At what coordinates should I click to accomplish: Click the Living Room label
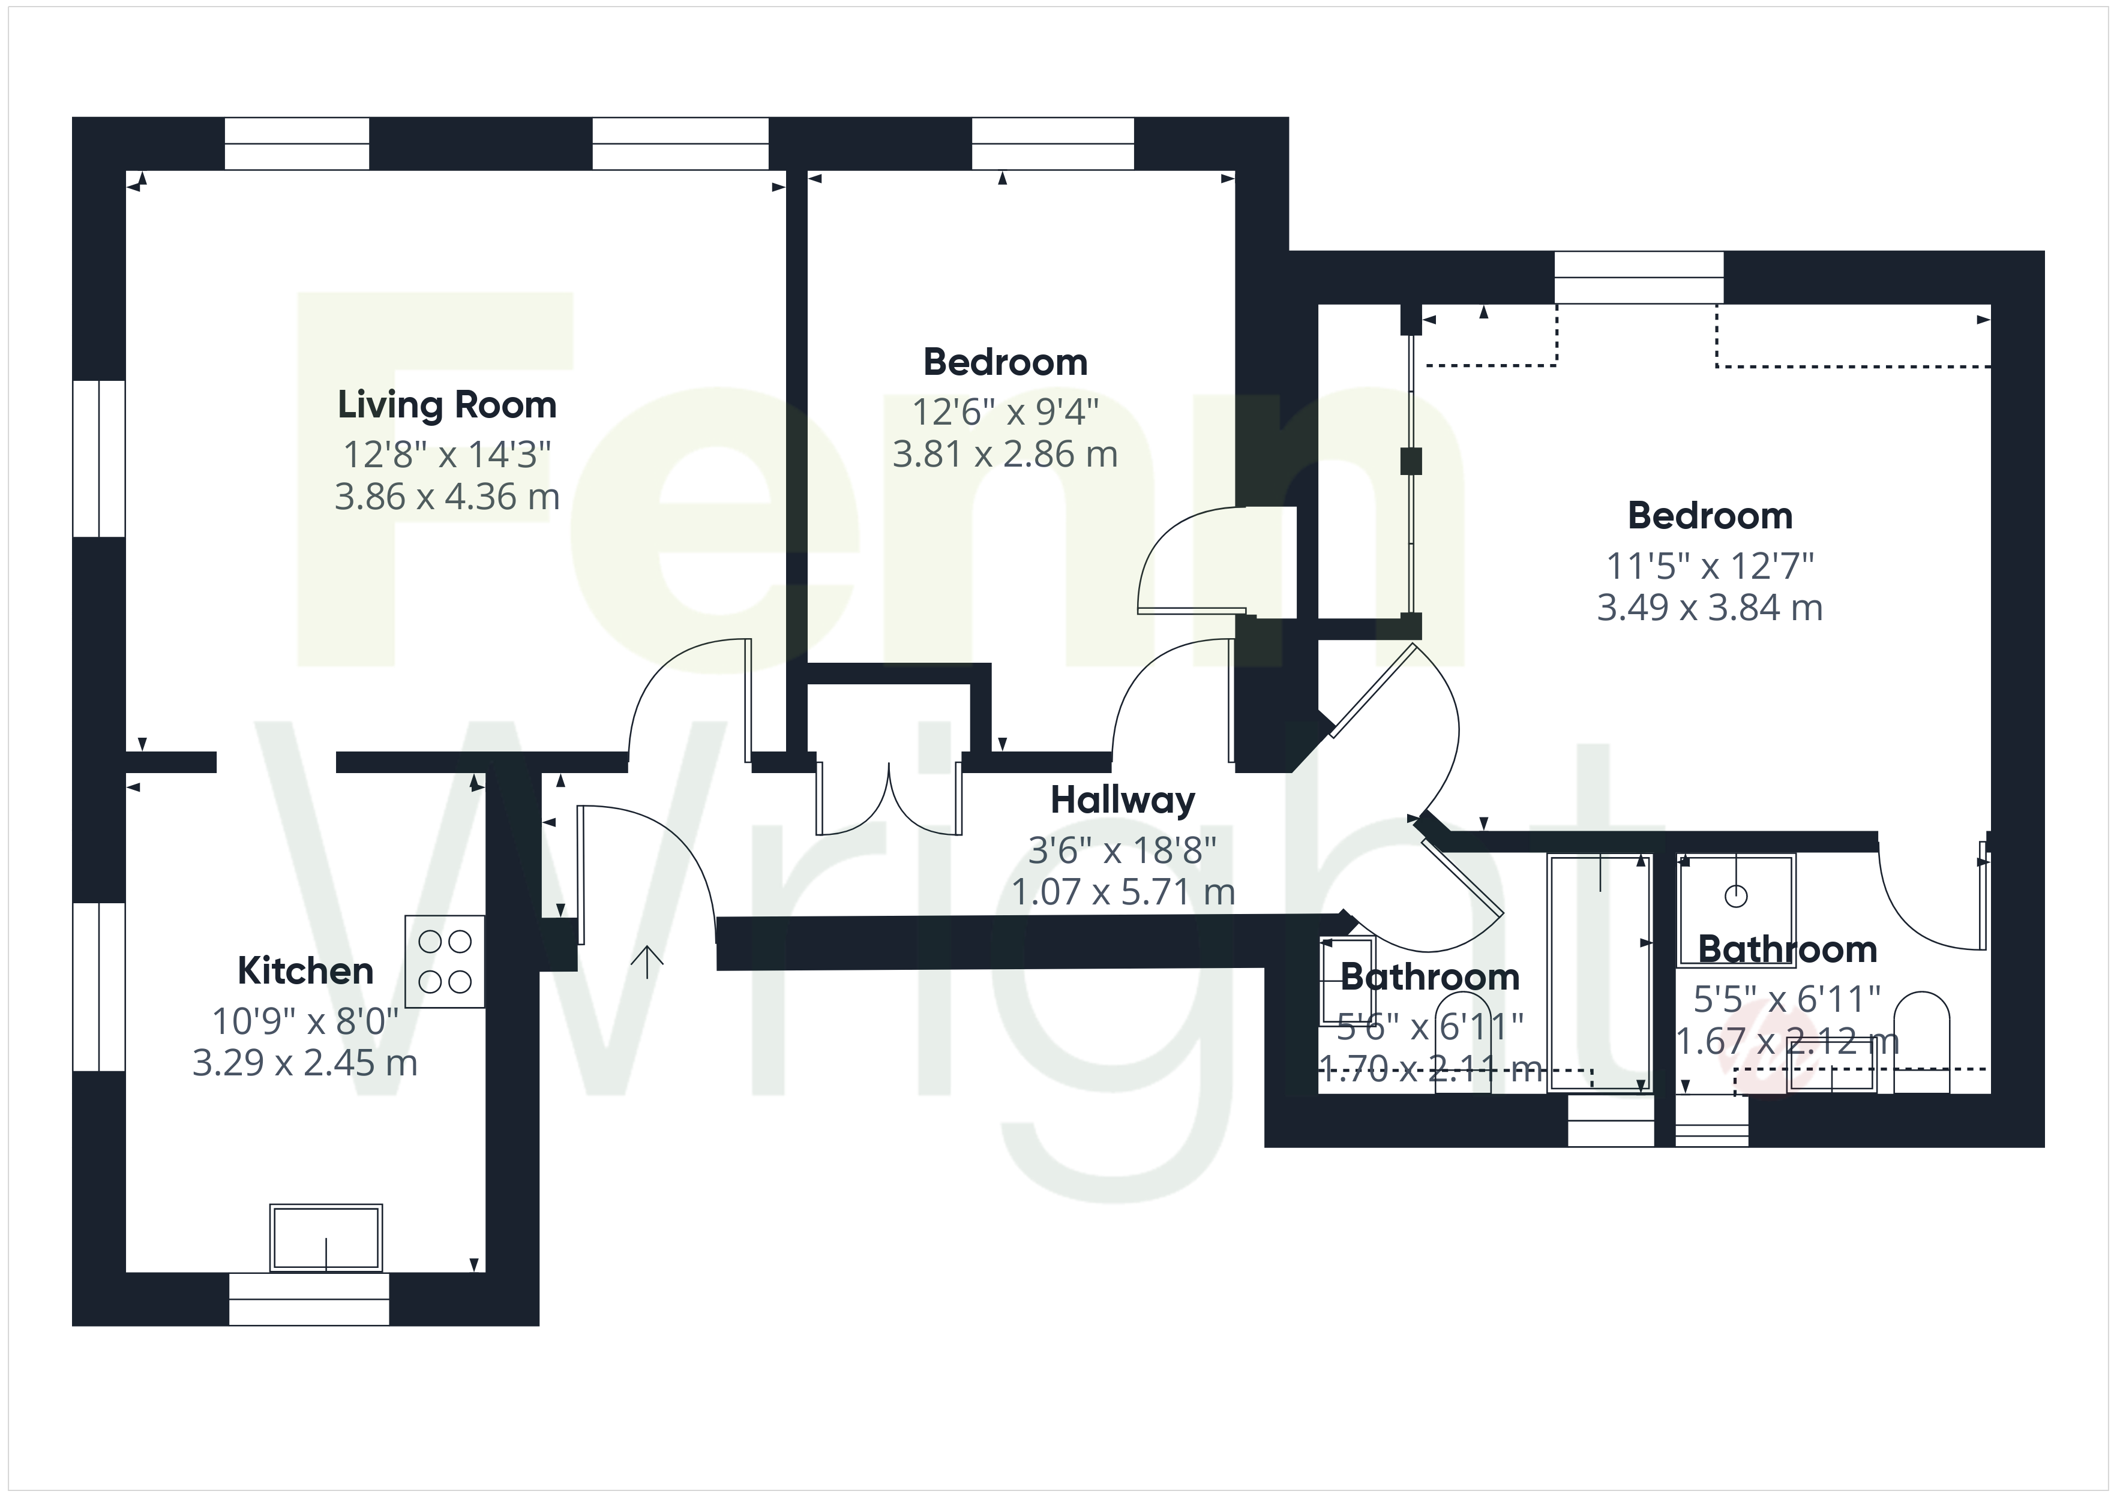[447, 405]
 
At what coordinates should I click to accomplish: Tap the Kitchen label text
[305, 970]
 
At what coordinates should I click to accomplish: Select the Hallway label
[1123, 800]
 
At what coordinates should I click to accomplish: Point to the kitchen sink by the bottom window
[325, 1238]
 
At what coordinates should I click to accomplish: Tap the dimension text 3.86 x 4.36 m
[447, 497]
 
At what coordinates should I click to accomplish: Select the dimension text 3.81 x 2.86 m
[1005, 455]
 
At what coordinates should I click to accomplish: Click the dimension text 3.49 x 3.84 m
[1710, 608]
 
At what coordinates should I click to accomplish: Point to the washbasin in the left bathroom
[1347, 975]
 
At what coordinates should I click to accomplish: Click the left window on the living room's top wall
[297, 144]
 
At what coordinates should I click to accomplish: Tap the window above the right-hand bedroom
[1639, 278]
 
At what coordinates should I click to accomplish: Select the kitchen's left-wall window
[98, 987]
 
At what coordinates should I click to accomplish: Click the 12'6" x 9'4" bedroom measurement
[1005, 412]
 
